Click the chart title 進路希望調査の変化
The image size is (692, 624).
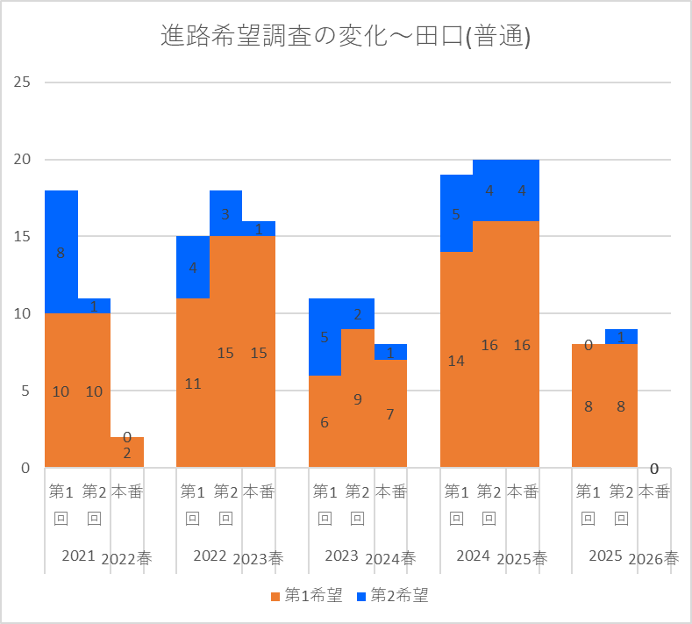tap(274, 35)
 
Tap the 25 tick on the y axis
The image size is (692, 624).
tap(22, 82)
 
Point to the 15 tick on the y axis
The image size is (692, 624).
tap(22, 236)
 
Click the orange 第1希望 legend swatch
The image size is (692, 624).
tap(275, 597)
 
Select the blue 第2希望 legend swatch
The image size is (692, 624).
tap(361, 597)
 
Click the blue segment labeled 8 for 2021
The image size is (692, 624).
tap(61, 252)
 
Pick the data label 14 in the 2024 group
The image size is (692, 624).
tap(456, 362)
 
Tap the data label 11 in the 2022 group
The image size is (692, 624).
tap(193, 384)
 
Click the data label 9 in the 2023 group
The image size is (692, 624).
tap(358, 399)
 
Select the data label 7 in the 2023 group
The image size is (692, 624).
tap(390, 414)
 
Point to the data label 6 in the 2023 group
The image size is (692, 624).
tap(325, 422)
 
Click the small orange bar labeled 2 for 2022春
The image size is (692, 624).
tap(127, 452)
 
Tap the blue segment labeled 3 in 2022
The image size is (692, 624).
tap(225, 213)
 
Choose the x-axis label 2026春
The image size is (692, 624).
tap(653, 559)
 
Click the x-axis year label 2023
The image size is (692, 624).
tap(341, 556)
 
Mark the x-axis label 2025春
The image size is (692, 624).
tap(522, 559)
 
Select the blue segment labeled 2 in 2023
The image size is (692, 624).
tap(358, 313)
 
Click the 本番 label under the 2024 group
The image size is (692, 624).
tap(523, 491)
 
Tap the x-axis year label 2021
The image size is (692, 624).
tap(78, 556)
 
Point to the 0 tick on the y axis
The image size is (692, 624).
tap(25, 468)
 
